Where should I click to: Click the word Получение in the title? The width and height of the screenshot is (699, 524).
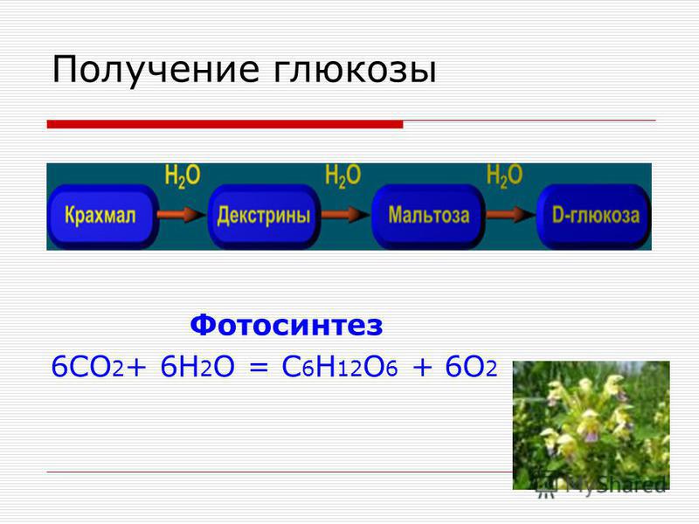[156, 70]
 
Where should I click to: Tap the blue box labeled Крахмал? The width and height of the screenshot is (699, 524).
[103, 216]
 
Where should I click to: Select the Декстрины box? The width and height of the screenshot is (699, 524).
[264, 216]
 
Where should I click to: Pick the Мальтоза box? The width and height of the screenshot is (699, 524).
[428, 216]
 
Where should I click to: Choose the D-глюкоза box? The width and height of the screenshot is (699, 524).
[594, 216]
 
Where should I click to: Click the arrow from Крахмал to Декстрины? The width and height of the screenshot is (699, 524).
[182, 215]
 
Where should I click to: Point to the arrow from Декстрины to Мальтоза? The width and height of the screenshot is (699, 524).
[345, 215]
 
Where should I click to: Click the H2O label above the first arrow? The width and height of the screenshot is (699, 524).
[183, 176]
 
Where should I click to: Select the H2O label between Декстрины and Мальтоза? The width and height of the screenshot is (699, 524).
[343, 176]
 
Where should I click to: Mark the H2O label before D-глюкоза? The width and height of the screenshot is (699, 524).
[504, 176]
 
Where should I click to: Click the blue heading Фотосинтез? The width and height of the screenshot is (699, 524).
[287, 325]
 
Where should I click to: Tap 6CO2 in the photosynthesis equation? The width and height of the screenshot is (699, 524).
[87, 368]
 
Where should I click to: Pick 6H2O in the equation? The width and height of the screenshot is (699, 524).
[197, 368]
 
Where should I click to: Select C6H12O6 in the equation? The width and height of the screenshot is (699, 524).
[340, 368]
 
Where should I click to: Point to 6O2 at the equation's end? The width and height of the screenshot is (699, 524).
[471, 368]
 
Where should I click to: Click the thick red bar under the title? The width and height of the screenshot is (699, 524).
[225, 124]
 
